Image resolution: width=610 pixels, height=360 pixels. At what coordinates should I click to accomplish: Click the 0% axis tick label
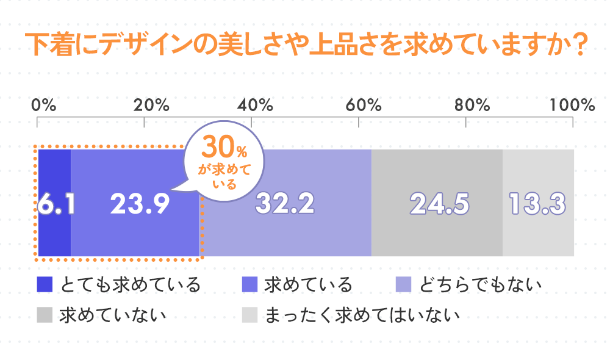click(44, 104)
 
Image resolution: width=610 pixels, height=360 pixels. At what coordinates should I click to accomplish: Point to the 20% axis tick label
click(151, 104)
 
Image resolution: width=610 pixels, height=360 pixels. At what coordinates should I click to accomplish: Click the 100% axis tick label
click(572, 104)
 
